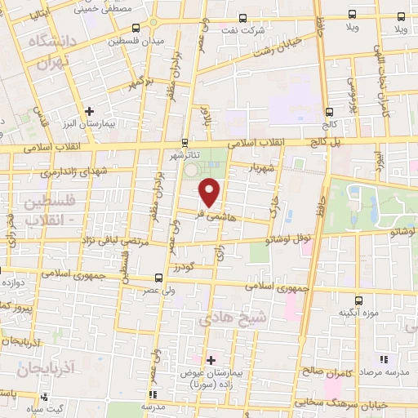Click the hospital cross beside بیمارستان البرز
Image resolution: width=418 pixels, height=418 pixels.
[90, 111]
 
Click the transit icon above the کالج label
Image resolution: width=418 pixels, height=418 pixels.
[330, 113]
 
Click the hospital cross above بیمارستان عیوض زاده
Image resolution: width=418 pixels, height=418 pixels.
[211, 359]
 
